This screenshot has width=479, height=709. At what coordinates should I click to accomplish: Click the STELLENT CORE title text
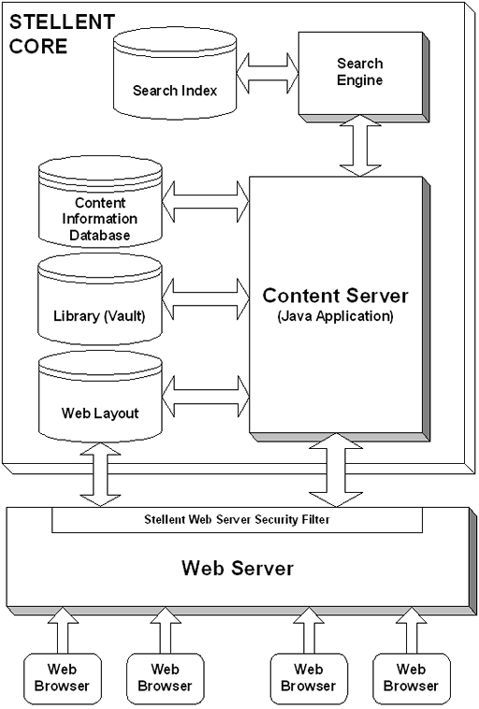[49, 34]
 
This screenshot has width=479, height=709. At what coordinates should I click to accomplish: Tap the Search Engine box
[359, 72]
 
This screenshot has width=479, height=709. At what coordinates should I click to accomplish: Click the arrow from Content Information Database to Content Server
[206, 197]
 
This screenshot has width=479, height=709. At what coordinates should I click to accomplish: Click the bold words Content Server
[335, 296]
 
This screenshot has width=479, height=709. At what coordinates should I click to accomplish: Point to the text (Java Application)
[335, 316]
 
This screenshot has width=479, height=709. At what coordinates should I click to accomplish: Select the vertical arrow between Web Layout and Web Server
[100, 474]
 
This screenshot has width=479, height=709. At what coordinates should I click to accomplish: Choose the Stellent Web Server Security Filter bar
[237, 519]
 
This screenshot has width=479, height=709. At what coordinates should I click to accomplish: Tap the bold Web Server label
[238, 568]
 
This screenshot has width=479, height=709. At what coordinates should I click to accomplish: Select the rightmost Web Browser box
[410, 677]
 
